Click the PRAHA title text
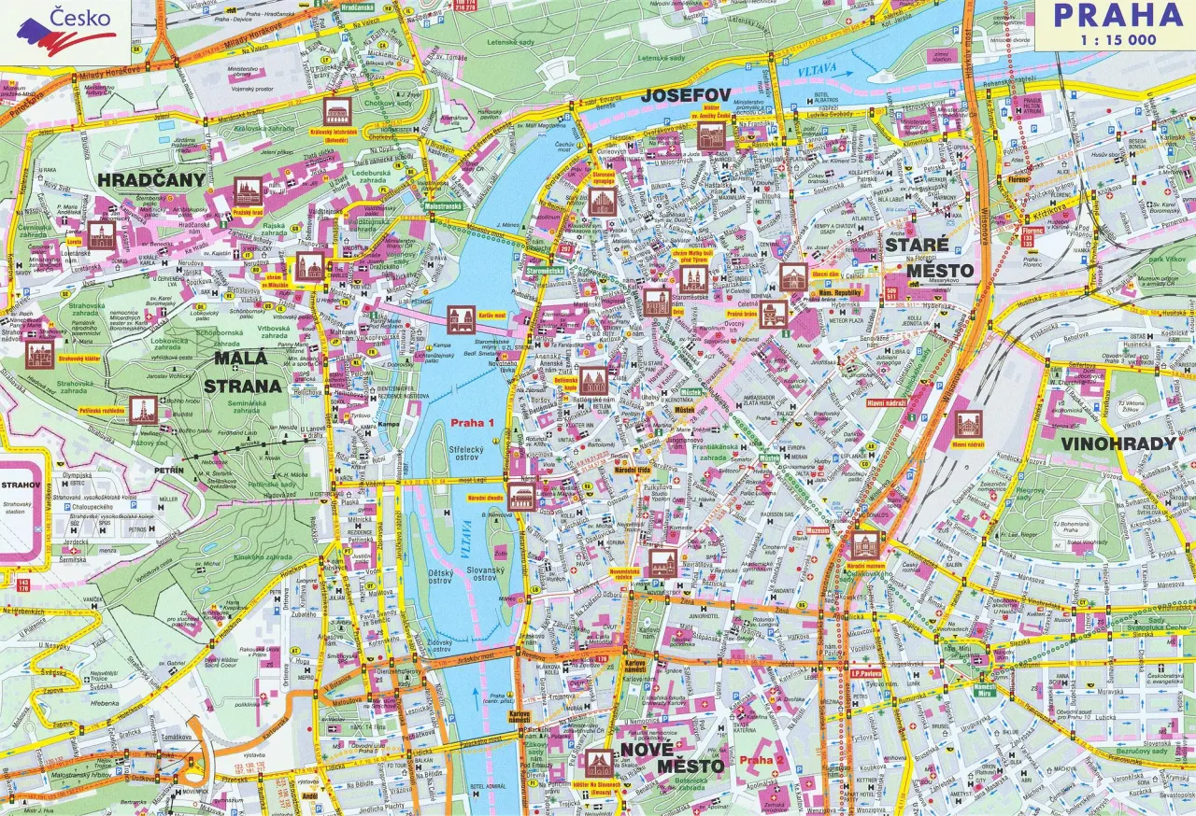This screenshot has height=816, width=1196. (x=1118, y=16)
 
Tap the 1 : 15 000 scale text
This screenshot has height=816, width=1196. (x=1118, y=39)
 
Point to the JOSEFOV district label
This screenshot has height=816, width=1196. (x=685, y=95)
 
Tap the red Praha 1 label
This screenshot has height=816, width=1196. (x=473, y=423)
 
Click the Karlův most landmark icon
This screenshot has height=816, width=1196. (x=461, y=319)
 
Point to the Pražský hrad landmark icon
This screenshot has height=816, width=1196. (x=248, y=192)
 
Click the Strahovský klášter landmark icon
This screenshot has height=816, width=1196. (x=39, y=354)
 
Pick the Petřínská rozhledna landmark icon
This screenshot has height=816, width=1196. (x=143, y=409)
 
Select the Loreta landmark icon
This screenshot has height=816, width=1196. (x=101, y=235)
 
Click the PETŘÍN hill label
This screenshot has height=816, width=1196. (x=170, y=471)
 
